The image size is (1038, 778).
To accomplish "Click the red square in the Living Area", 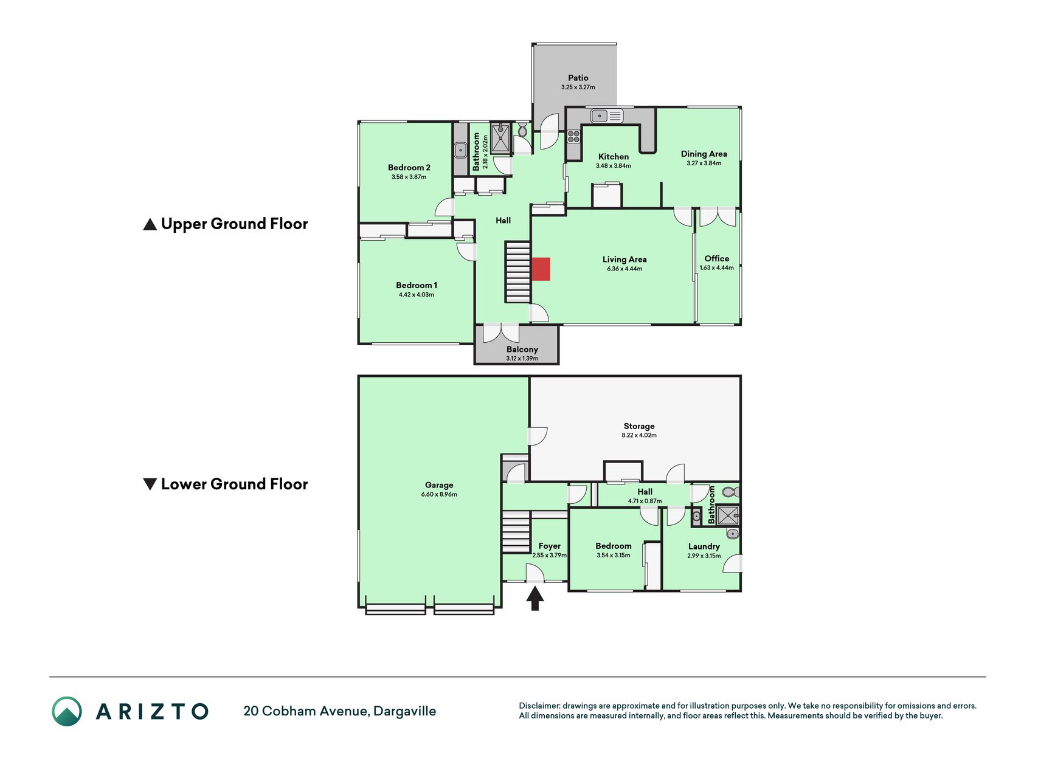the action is pos(541,269).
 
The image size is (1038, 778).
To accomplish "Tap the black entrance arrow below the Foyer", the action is pos(535,599).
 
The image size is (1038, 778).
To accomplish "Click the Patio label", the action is pos(578,78).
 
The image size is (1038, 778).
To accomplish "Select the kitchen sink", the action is pos(607,115).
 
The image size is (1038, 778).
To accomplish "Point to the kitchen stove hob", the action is pos(573,136).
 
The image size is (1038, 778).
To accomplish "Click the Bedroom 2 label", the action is pos(409,168).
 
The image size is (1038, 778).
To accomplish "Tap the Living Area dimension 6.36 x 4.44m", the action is pos(625,269).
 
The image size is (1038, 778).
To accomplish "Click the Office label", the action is pos(717,258).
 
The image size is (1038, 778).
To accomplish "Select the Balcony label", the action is pos(522,349).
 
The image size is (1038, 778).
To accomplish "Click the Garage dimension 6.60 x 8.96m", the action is pos(439,494).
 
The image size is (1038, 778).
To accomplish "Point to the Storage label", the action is pos(639,426).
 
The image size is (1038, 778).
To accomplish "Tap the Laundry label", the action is pos(704,546).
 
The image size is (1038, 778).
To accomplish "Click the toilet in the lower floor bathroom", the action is pos(730,492).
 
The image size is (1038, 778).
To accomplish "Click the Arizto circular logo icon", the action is pos(67,711).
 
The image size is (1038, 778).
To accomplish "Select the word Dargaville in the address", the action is pos(404,711).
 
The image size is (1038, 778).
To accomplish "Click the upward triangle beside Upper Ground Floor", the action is pos(150,224).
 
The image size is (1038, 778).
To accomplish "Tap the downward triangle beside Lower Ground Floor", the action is pos(150,484).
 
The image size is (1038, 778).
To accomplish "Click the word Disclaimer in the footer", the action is pos(539,706).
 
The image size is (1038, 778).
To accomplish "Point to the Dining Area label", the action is pos(704,154).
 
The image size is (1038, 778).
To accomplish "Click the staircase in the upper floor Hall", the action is pos(517,272).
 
